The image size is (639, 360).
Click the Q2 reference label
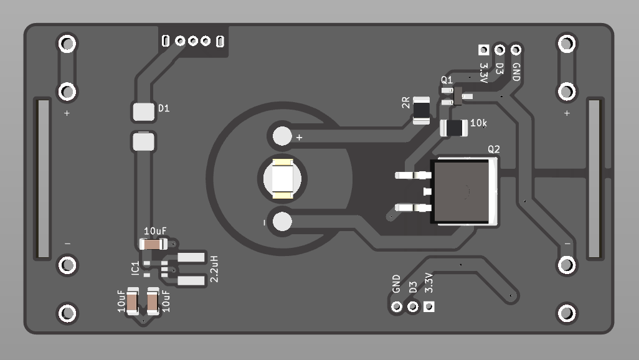coord(493,149)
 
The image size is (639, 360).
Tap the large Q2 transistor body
coord(464,191)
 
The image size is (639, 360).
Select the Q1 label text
coord(447,80)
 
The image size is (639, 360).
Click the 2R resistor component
coord(421,110)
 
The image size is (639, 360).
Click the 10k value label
coord(479,123)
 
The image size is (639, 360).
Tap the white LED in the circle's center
coord(283,179)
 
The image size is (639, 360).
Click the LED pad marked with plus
coord(283,135)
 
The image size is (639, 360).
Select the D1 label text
coord(164,108)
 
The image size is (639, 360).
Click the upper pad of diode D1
coord(143,112)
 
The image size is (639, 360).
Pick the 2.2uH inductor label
coord(214,268)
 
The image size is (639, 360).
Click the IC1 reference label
coord(136,268)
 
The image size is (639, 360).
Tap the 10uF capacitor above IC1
coord(153,244)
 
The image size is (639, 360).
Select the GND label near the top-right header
coord(516,72)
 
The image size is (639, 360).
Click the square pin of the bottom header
coord(428,306)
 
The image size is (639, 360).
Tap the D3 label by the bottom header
coord(412,287)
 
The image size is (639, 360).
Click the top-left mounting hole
coord(67,44)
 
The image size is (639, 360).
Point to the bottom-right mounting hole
coord(567,313)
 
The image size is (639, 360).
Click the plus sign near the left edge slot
coord(67,113)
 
